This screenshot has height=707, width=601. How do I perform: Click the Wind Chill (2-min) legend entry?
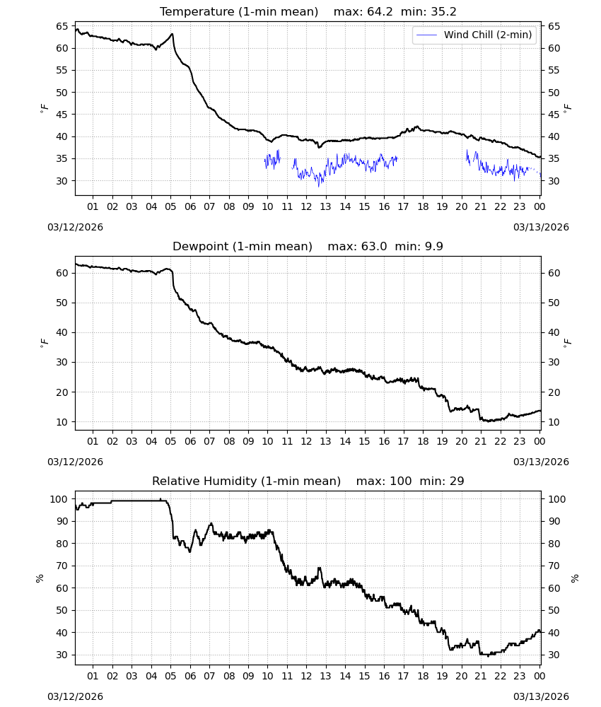click(x=474, y=35)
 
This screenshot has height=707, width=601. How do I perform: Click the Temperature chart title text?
click(x=239, y=12)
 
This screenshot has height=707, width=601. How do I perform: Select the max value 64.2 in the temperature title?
click(x=380, y=12)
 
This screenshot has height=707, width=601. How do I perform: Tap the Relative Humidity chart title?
click(x=246, y=481)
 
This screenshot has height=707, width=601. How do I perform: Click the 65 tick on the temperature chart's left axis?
click(x=62, y=26)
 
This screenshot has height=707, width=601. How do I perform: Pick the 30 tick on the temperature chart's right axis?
click(x=554, y=181)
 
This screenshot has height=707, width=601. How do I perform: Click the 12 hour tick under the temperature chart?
click(x=306, y=206)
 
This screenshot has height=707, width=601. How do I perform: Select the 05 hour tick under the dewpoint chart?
click(x=170, y=441)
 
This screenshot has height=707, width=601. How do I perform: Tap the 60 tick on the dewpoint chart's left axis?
click(x=62, y=273)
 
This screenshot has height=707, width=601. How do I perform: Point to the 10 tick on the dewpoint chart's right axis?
click(x=554, y=422)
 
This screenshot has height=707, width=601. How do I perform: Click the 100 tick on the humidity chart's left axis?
click(x=59, y=499)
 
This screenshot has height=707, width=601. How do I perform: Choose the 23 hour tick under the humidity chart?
click(x=520, y=676)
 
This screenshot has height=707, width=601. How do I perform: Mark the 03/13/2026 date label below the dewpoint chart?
click(x=541, y=462)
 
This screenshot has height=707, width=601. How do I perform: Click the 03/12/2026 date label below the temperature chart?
click(x=75, y=227)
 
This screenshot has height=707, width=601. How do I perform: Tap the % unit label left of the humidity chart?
click(x=40, y=578)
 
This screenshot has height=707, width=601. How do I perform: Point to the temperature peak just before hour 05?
click(x=172, y=34)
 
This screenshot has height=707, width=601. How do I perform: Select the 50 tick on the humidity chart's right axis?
click(x=554, y=610)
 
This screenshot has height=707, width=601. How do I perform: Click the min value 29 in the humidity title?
click(x=457, y=481)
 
